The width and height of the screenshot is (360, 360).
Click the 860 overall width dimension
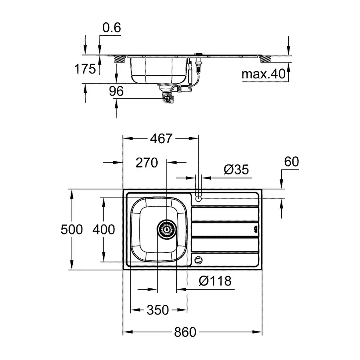185,332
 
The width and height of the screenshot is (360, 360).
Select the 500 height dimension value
72,230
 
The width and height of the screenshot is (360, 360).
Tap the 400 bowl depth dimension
104,230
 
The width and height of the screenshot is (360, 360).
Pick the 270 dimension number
147,162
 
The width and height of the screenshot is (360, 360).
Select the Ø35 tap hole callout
236,170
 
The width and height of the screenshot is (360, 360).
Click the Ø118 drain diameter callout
215,281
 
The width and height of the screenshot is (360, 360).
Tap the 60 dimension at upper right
291,162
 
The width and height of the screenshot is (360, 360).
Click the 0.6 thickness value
111,28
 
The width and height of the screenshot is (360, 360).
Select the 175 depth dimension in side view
85,69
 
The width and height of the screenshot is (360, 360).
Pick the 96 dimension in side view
116,91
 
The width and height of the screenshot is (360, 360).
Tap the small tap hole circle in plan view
198,198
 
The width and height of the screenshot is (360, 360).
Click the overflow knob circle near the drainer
198,260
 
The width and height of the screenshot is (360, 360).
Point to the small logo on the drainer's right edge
255,230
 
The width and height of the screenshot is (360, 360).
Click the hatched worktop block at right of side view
265,60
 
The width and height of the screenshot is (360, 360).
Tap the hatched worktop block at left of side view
119,60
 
